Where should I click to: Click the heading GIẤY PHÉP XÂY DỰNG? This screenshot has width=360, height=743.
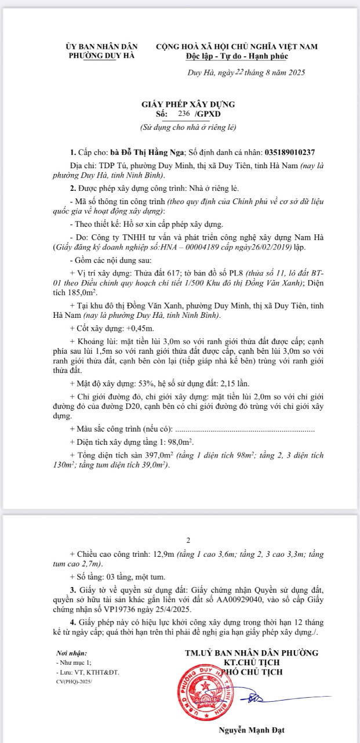pyautogui.click(x=188, y=104)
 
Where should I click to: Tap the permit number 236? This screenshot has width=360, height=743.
pyautogui.click(x=185, y=114)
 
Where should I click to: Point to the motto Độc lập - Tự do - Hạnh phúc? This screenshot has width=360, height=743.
pyautogui.click(x=237, y=56)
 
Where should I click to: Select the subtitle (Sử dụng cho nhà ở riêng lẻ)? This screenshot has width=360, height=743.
pyautogui.click(x=188, y=126)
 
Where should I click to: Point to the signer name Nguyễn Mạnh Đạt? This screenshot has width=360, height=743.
pyautogui.click(x=251, y=730)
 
